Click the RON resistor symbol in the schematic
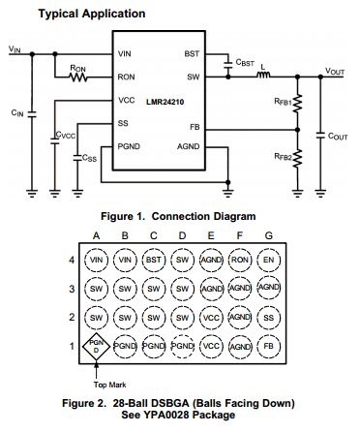coord(78,77)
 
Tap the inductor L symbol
coord(263,75)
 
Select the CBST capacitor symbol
coord(228,64)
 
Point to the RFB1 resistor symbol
coord(297,104)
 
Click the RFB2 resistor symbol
coord(297,158)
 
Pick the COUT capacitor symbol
coord(320,136)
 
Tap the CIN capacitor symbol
coord(32,114)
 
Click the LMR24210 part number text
coord(165,102)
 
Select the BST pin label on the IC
coord(192,53)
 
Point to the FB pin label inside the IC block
coord(195,127)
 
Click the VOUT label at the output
coord(335,71)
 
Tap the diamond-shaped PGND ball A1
coord(96,347)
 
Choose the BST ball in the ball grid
coord(154,260)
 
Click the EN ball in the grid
coord(268,260)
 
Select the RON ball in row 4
coord(240,260)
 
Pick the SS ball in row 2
coord(268,318)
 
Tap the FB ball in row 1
coord(268,346)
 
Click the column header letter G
coord(268,235)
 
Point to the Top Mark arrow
coord(96,370)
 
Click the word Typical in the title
coord(58,14)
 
